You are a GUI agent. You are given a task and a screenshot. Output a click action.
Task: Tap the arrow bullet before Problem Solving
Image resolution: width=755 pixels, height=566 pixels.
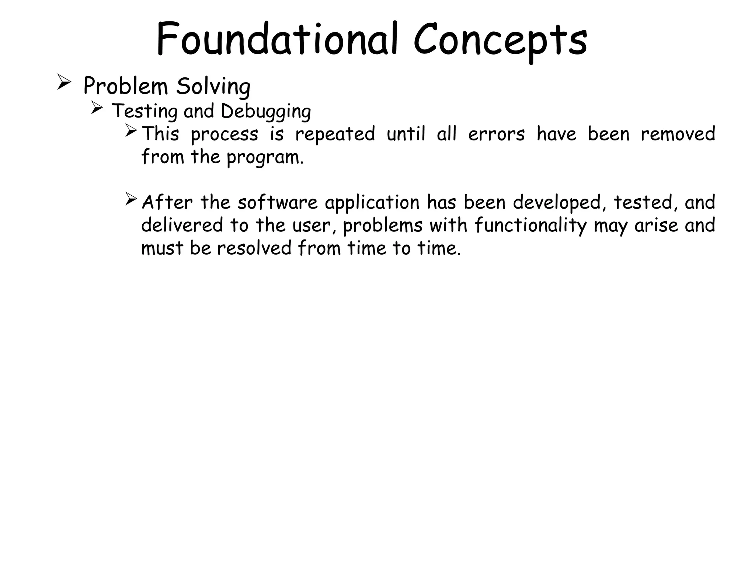click(x=64, y=83)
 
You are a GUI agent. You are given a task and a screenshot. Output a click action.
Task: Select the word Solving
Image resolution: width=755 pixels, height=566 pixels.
click(x=213, y=87)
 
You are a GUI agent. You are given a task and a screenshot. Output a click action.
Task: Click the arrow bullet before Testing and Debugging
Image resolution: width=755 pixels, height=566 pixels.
click(x=96, y=108)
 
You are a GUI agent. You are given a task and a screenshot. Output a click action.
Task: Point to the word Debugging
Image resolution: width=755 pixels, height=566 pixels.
click(x=265, y=111)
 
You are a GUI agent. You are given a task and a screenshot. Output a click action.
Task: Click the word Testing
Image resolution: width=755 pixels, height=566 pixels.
click(x=145, y=111)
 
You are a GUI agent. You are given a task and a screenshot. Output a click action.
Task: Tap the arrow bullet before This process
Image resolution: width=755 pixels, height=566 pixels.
click(x=131, y=130)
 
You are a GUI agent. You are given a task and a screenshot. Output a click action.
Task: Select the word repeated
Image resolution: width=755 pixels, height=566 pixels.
click(x=335, y=134)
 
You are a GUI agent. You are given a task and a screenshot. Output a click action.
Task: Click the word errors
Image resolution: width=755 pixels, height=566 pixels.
click(x=496, y=134)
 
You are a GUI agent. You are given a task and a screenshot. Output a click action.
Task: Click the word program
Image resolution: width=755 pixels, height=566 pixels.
click(x=265, y=158)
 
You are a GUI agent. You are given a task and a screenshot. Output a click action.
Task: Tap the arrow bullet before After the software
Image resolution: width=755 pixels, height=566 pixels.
click(x=131, y=199)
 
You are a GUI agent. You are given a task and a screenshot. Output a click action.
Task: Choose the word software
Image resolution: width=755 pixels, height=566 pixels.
click(x=277, y=202)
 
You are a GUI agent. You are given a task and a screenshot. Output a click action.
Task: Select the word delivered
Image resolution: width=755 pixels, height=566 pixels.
click(x=182, y=225)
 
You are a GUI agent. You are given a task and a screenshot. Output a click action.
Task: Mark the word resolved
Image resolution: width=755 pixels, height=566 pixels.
click(x=254, y=248)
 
